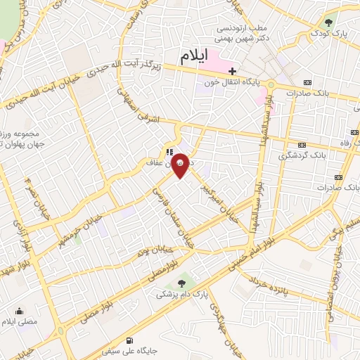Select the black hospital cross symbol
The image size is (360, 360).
pyautogui.click(x=232, y=70)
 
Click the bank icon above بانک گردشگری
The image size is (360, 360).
pyautogui.click(x=303, y=144)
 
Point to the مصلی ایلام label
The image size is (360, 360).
pyautogui.click(x=21, y=321)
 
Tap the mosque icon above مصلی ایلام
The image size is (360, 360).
pyautogui.click(x=20, y=309)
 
